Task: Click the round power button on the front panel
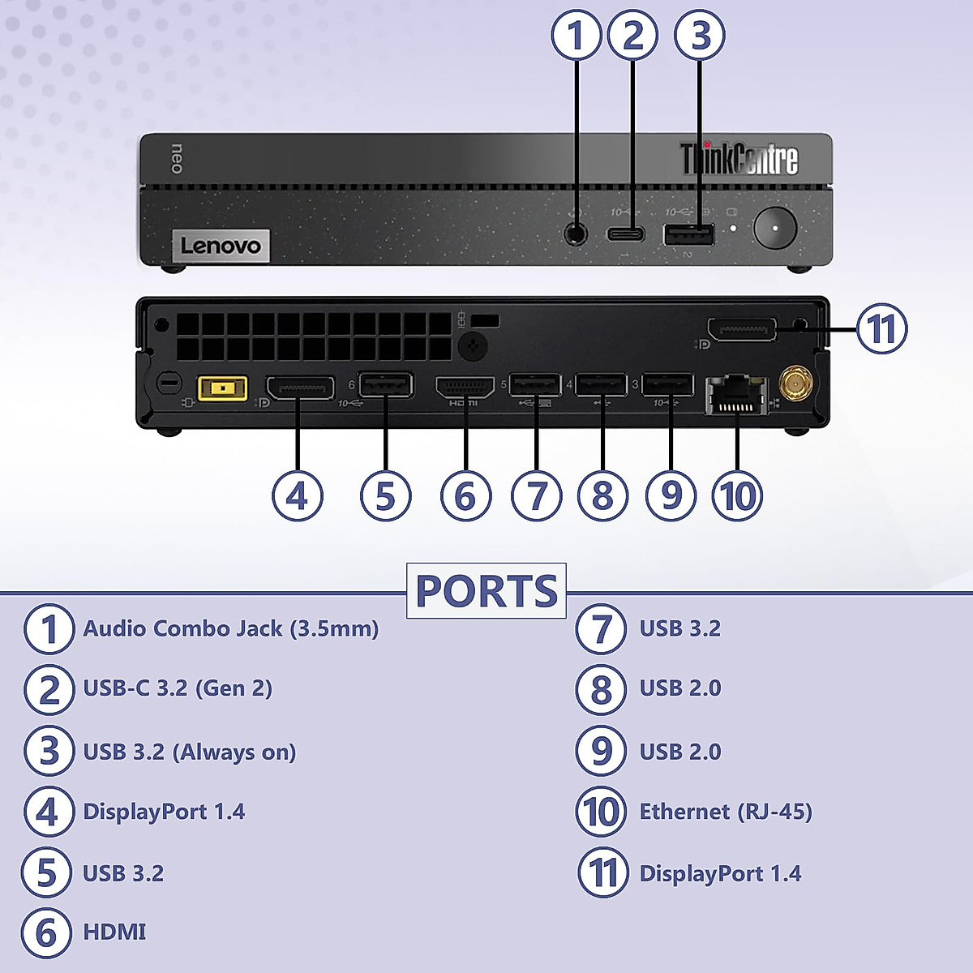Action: (774, 227)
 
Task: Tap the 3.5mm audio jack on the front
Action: (576, 233)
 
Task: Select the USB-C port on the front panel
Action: (626, 234)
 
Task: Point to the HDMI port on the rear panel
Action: (465, 387)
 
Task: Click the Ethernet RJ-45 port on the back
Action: (736, 394)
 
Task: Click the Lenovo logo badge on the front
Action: (221, 246)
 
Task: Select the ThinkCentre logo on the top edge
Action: (739, 159)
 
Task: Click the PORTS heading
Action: (486, 591)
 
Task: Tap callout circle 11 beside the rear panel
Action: (881, 329)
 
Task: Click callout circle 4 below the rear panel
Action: (298, 495)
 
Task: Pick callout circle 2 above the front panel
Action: (632, 36)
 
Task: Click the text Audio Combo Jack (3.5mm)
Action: (231, 629)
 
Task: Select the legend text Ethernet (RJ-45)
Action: (726, 812)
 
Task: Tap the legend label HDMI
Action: (114, 932)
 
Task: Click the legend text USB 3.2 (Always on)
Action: (190, 752)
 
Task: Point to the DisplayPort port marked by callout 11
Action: (742, 329)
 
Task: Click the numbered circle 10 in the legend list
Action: (601, 812)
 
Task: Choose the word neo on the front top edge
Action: (177, 158)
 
